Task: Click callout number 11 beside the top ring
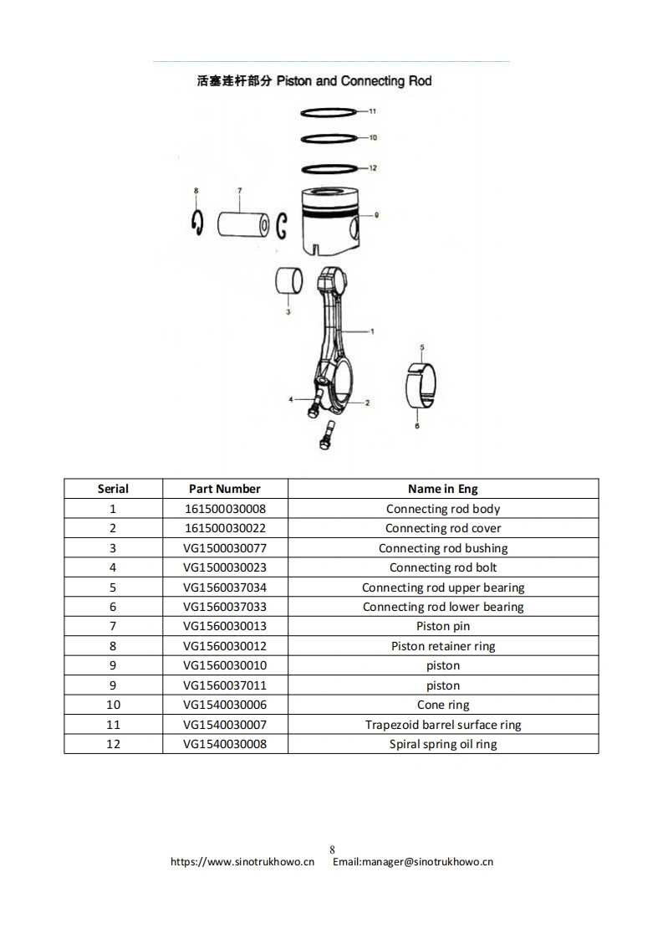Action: [373, 110]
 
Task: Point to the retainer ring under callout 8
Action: [197, 222]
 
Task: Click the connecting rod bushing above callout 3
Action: [288, 281]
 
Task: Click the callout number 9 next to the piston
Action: [377, 215]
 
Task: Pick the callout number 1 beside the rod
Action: [372, 331]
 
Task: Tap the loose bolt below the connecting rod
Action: [325, 434]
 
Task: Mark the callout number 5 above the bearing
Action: [422, 346]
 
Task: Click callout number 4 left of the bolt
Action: [291, 400]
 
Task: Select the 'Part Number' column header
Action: [224, 489]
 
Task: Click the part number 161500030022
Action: [224, 528]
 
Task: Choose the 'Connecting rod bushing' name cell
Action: [443, 548]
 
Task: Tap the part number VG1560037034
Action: [224, 588]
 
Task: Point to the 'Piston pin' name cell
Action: [443, 626]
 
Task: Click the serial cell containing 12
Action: [113, 744]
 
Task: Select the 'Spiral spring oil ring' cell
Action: [443, 744]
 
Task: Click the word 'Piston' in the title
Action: [293, 81]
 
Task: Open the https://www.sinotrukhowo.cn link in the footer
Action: [242, 861]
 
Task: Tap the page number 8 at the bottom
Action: [332, 849]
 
